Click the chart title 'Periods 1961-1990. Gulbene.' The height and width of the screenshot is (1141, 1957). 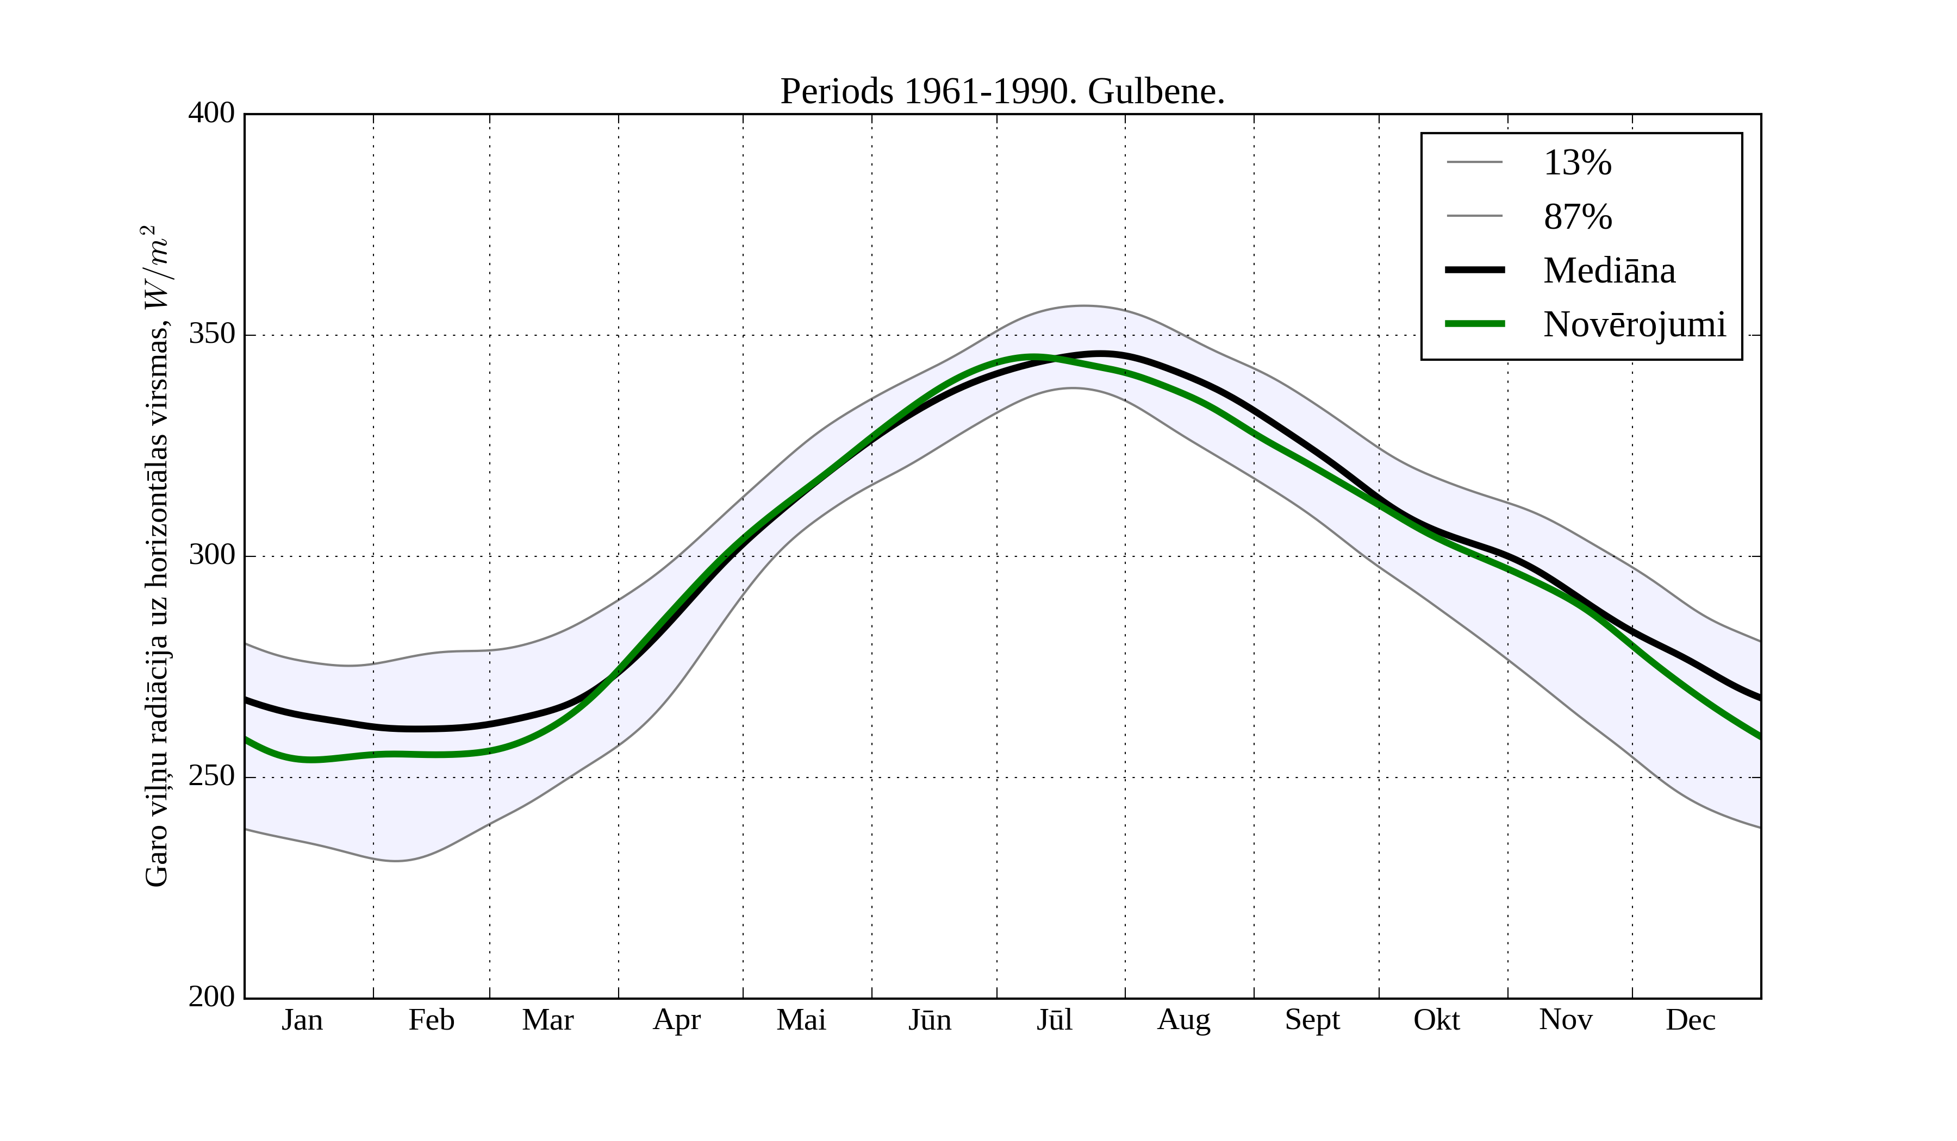click(1002, 92)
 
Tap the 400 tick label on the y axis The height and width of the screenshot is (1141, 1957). click(211, 114)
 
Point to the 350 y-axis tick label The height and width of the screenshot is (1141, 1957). click(211, 335)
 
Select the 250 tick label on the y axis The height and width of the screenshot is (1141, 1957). click(211, 776)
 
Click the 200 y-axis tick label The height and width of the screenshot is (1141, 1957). click(211, 996)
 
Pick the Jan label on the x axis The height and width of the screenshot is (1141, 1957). click(302, 1020)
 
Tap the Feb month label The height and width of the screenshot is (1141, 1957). click(431, 1020)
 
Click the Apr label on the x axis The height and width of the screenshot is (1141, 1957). click(676, 1020)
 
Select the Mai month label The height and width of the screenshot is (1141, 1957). click(801, 1020)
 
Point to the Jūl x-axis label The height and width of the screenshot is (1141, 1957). click(1055, 1020)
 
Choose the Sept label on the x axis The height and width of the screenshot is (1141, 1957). click(1312, 1020)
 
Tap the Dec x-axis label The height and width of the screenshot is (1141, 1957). click(1690, 1020)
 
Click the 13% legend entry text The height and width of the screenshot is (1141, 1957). click(1577, 163)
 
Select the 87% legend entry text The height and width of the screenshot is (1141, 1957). click(1577, 217)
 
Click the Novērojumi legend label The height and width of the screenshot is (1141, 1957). click(1634, 324)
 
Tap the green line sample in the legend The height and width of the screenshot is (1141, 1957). click(1474, 324)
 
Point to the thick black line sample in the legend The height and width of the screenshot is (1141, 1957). click(1474, 270)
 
